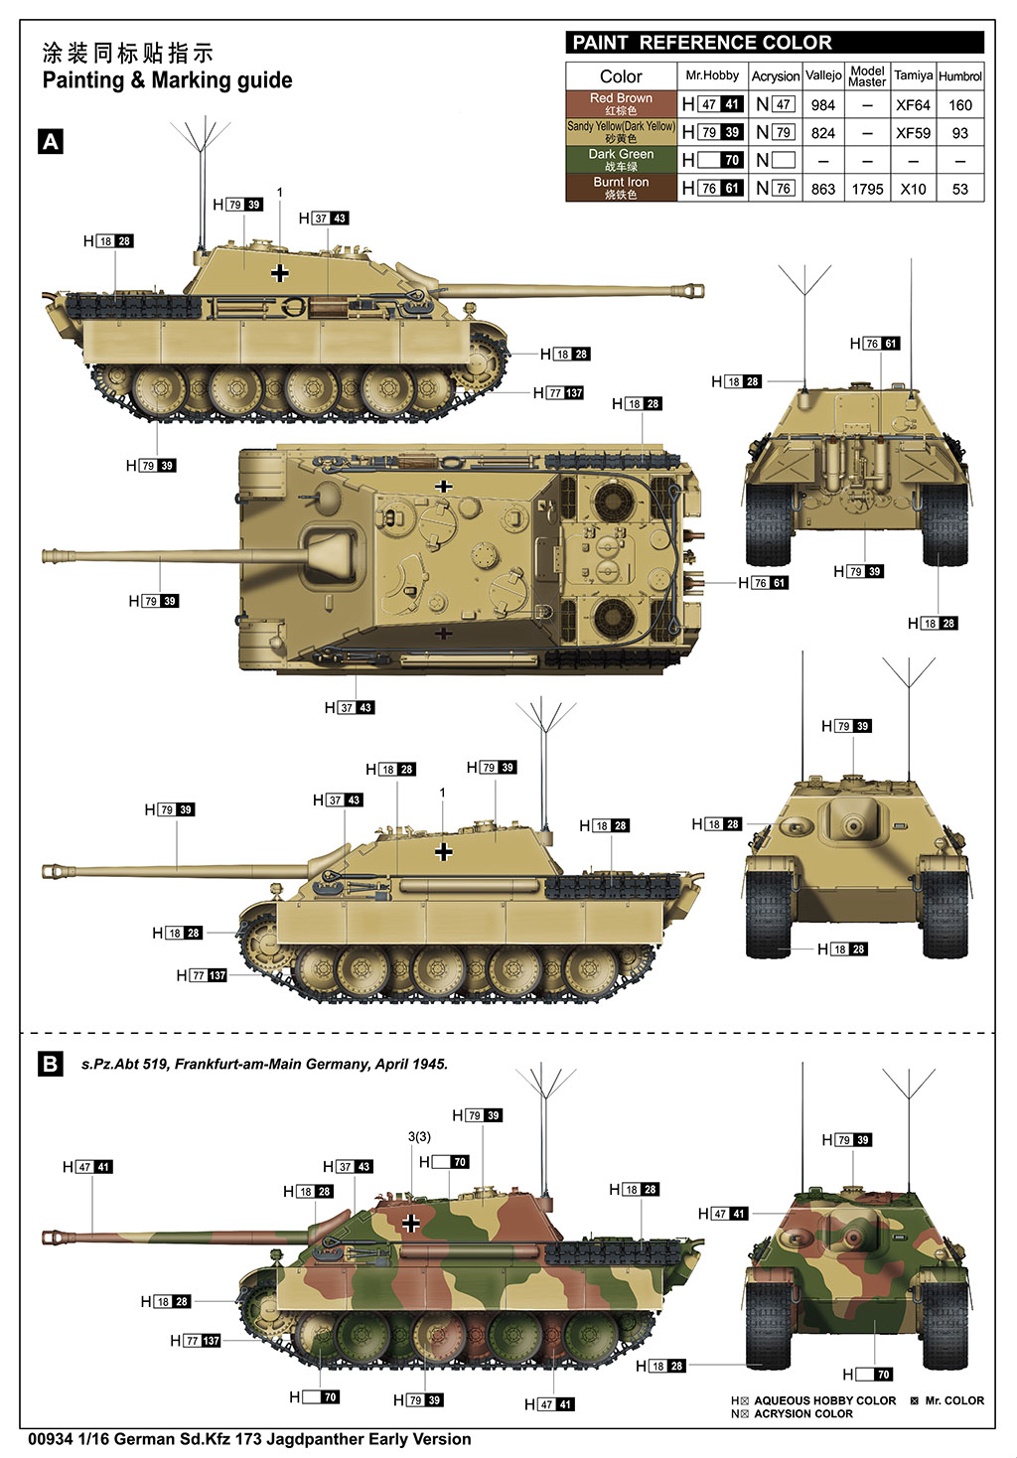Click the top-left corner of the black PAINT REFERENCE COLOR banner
[566, 31]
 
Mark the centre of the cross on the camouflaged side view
[410, 1223]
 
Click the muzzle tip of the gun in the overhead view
[43, 556]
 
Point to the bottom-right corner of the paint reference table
[984, 202]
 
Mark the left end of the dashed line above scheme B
[21, 1033]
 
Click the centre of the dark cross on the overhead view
[444, 633]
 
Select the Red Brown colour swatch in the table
[622, 103]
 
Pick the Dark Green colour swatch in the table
[622, 160]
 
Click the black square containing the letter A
[51, 141]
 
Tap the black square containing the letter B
[51, 1064]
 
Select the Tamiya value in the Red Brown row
[913, 105]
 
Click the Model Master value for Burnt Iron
[867, 190]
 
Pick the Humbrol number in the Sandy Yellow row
[959, 133]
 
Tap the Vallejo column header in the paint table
[823, 75]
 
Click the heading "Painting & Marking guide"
[167, 80]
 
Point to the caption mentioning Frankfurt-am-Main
[264, 1065]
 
